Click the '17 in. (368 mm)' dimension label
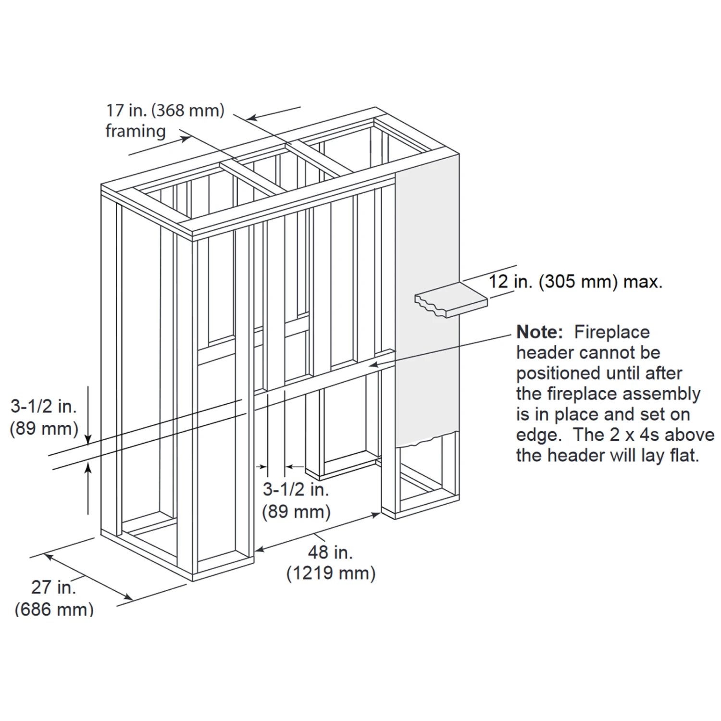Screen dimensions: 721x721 tap(165, 111)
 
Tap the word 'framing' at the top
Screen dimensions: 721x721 tap(136, 131)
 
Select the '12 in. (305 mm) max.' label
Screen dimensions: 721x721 tap(575, 281)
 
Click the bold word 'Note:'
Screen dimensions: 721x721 tap(539, 332)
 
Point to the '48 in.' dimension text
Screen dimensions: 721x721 tap(330, 552)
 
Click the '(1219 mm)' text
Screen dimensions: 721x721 tap(331, 573)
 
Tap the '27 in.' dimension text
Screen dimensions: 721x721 tap(53, 587)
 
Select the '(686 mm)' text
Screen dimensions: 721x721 tap(54, 609)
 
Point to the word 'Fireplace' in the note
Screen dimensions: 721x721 tap(612, 332)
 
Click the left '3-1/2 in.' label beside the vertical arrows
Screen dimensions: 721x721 tap(44, 407)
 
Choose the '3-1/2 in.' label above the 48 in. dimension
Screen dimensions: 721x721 tap(296, 489)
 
